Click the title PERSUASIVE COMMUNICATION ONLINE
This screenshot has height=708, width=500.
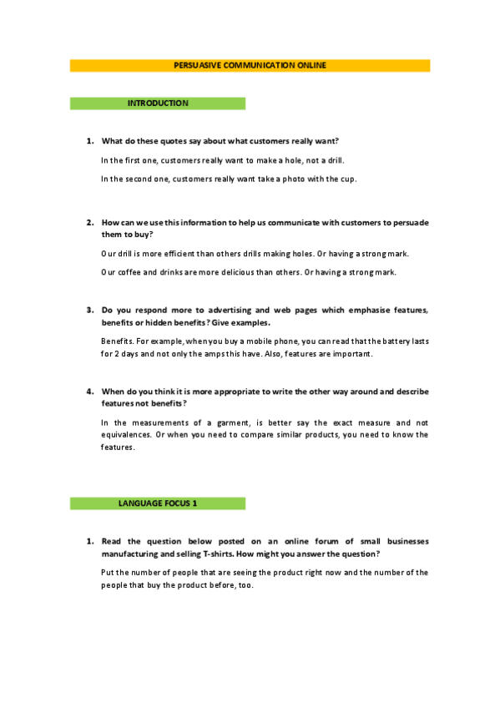[x=250, y=65]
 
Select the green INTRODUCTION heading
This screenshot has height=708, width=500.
[x=158, y=104]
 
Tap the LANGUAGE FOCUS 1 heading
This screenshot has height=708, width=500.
[x=158, y=503]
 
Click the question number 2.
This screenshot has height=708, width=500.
[x=89, y=223]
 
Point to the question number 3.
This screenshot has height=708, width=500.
[x=89, y=311]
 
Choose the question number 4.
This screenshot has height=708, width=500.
[x=89, y=392]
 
